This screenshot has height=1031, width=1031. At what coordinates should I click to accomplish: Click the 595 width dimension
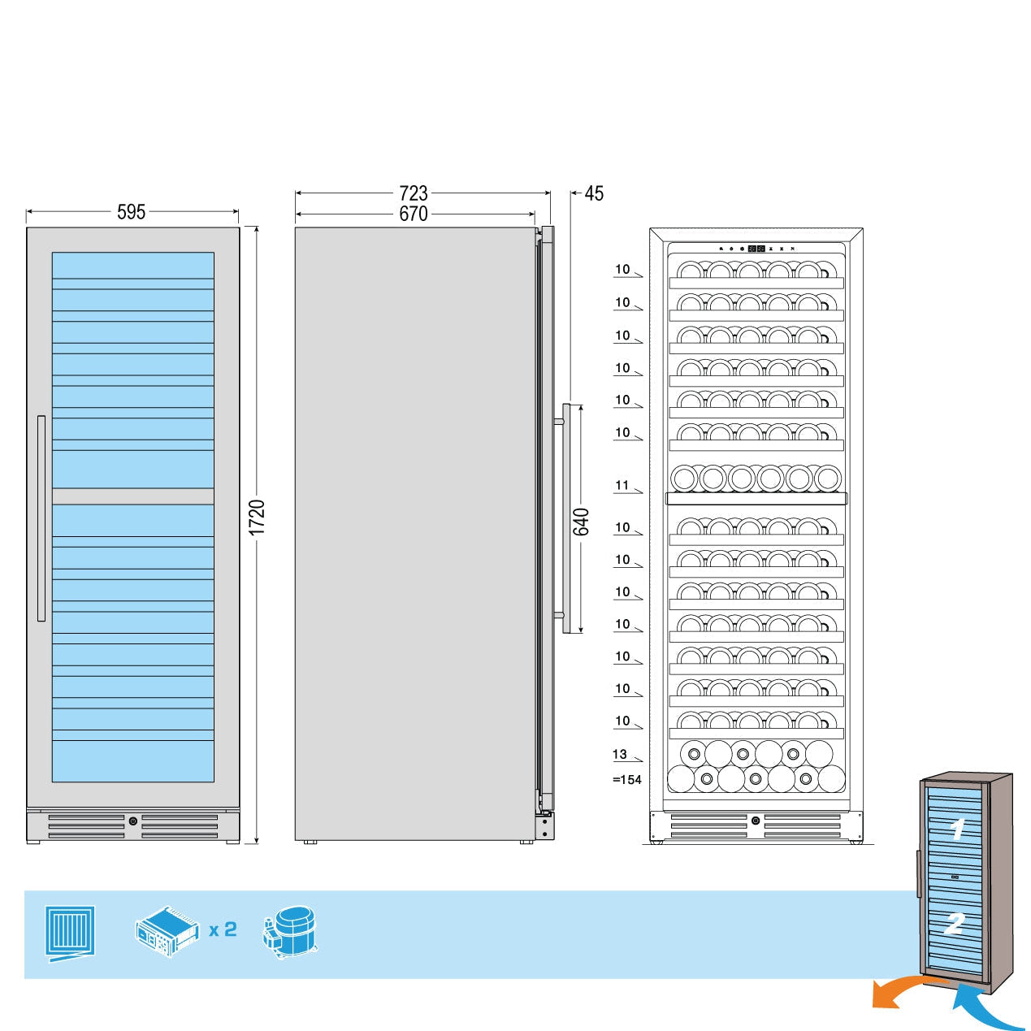pyautogui.click(x=131, y=212)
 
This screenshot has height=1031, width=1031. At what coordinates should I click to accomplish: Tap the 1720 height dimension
pyautogui.click(x=257, y=518)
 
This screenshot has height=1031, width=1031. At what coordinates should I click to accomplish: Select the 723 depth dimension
pyautogui.click(x=413, y=193)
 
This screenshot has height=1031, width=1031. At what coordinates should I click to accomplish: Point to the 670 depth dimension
pyautogui.click(x=413, y=214)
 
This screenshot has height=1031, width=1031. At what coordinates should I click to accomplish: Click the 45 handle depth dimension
pyautogui.click(x=594, y=193)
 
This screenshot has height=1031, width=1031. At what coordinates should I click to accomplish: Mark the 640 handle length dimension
pyautogui.click(x=582, y=522)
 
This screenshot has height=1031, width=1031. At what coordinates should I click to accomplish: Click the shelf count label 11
pyautogui.click(x=622, y=486)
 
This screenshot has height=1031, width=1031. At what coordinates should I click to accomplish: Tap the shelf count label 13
pyautogui.click(x=620, y=754)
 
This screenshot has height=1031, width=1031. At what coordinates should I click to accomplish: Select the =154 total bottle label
pyautogui.click(x=626, y=780)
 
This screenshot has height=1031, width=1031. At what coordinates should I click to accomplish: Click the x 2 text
pyautogui.click(x=223, y=929)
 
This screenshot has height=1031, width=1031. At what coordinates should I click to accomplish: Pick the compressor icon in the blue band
pyautogui.click(x=291, y=932)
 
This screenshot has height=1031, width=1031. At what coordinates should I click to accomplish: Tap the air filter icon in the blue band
pyautogui.click(x=71, y=932)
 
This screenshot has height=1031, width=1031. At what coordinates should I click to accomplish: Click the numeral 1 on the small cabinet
pyautogui.click(x=958, y=830)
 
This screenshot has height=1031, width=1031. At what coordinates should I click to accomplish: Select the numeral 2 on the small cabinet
pyautogui.click(x=954, y=923)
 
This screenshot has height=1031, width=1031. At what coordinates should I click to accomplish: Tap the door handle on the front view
pyautogui.click(x=41, y=518)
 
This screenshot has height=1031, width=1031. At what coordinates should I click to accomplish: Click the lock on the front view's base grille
pyautogui.click(x=133, y=821)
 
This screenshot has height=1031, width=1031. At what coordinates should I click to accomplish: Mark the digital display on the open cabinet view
pyautogui.click(x=756, y=249)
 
